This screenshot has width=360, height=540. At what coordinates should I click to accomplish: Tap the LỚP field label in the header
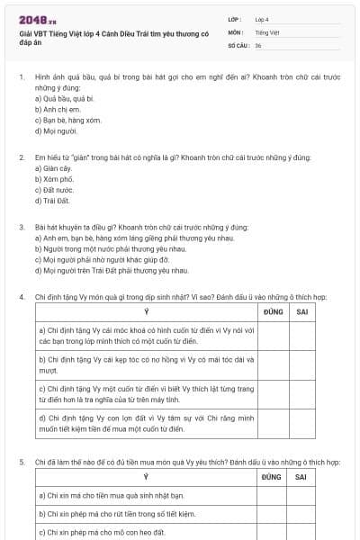(234, 19)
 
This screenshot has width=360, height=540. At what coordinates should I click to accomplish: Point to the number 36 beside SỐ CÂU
(258, 44)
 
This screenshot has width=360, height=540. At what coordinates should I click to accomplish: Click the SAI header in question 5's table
(304, 476)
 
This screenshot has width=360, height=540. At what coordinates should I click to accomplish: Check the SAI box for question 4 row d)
(304, 423)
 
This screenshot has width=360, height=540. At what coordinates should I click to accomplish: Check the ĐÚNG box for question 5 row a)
(272, 495)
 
